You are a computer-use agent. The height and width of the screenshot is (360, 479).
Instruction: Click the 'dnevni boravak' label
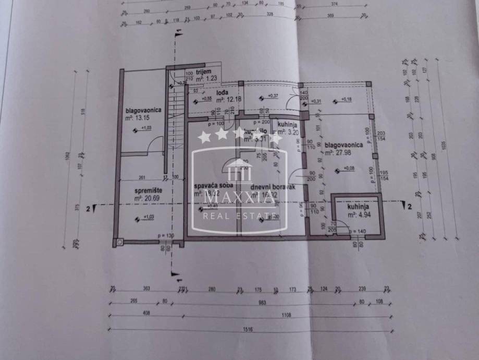266,186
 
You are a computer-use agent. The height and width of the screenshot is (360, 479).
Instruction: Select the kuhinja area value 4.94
360,214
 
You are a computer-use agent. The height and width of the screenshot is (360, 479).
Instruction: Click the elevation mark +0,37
273,95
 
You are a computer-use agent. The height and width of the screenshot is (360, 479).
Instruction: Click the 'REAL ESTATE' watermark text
240,215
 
